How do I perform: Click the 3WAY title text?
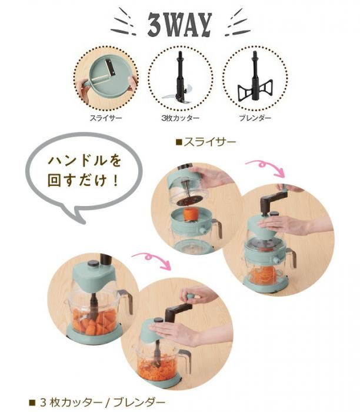click(x=179, y=25)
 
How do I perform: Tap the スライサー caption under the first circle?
click(x=106, y=118)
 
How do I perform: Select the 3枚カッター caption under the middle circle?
click(x=181, y=118)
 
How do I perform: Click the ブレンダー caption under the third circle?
click(x=255, y=118)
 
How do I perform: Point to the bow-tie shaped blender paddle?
click(x=255, y=90)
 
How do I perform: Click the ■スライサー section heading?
click(x=206, y=142)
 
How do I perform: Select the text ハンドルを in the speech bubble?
click(x=85, y=161)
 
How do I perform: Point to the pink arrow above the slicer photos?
click(x=265, y=167)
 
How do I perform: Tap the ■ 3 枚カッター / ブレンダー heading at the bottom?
click(x=97, y=402)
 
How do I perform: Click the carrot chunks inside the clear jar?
click(x=94, y=320)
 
